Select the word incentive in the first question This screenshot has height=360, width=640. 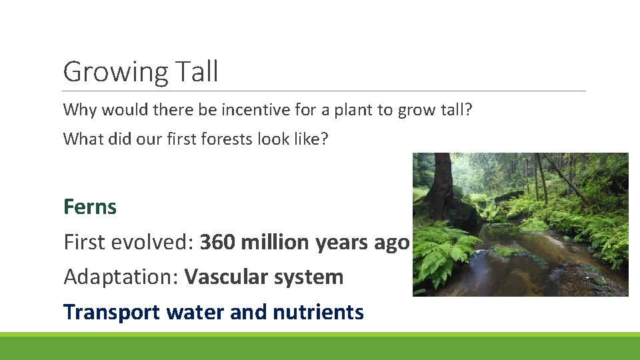249,109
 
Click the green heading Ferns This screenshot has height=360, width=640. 90,207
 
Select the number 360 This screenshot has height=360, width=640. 217,242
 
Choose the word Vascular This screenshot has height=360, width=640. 228,277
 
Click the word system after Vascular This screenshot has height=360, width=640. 311,277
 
